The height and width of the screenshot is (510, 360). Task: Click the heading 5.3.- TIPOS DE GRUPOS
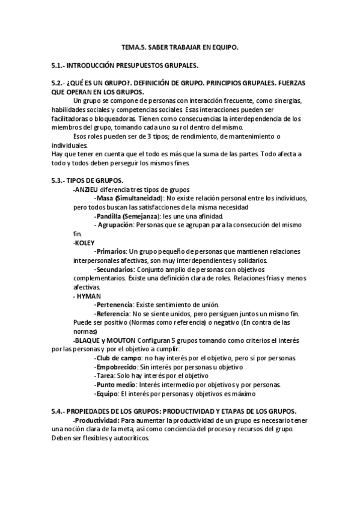pos(88,180)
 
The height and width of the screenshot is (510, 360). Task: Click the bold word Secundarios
pos(115,269)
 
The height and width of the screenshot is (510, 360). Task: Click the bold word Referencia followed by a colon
pos(113,314)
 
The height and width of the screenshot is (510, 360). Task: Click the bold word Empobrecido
pos(116,367)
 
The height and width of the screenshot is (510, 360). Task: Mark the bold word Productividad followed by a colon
pos(96,420)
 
